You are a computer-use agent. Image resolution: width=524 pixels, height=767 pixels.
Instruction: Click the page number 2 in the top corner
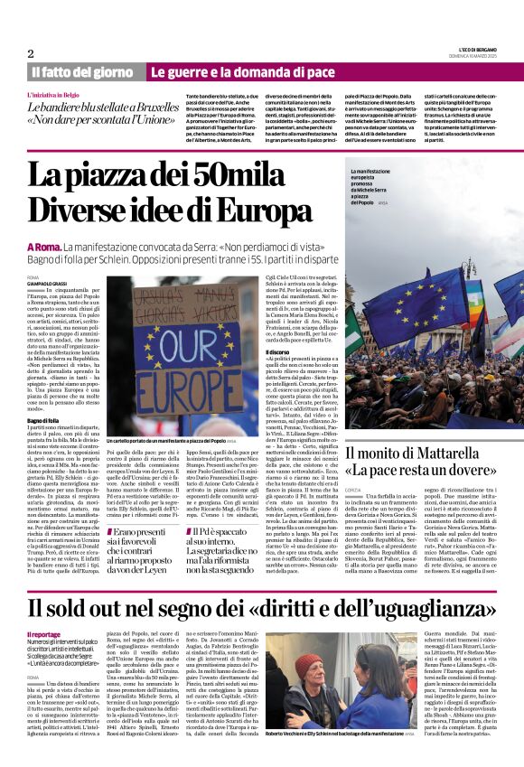(31, 54)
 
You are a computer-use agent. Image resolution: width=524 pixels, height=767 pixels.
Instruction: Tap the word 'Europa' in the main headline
(257, 209)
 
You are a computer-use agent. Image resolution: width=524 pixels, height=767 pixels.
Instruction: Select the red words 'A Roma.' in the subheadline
(44, 246)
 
